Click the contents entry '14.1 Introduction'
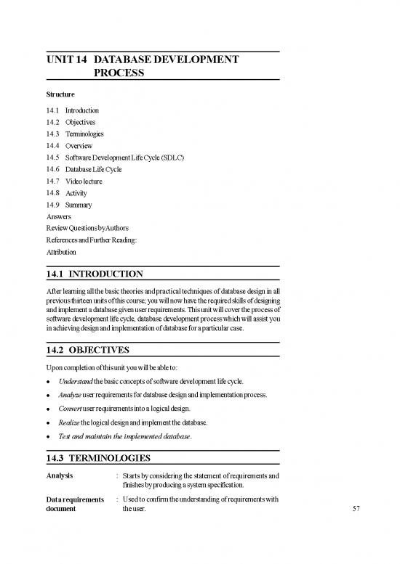coord(72,110)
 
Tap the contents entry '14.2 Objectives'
coord(69,122)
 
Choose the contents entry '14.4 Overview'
coord(69,146)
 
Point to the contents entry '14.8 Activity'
coord(67,193)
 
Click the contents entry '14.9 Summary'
coord(68,205)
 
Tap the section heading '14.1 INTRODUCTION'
coord(95,274)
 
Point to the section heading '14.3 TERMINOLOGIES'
coord(98,459)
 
